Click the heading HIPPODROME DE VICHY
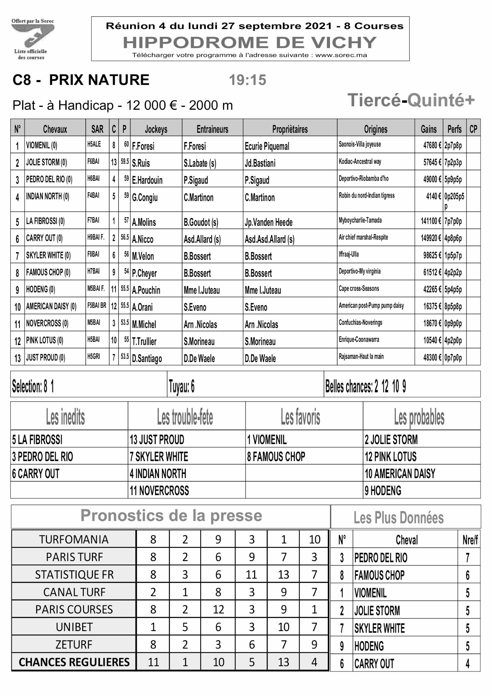pyautogui.click(x=250, y=43)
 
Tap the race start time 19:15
pyautogui.click(x=247, y=80)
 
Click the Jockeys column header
pyautogui.click(x=156, y=129)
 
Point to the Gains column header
pyautogui.click(x=429, y=129)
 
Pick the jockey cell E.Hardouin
pyautogui.click(x=147, y=180)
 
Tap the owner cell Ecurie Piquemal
pyautogui.click(x=267, y=146)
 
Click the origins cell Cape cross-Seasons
pyautogui.click(x=359, y=289)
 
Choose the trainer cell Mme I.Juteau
pyautogui.click(x=202, y=290)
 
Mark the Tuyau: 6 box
pyautogui.click(x=182, y=387)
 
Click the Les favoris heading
pyautogui.click(x=300, y=417)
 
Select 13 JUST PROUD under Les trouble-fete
pyautogui.click(x=157, y=440)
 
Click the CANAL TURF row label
pyautogui.click(x=74, y=592)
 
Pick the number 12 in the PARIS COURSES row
pyautogui.click(x=218, y=609)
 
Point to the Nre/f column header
pyautogui.click(x=470, y=540)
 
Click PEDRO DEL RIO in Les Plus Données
pyautogui.click(x=381, y=558)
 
